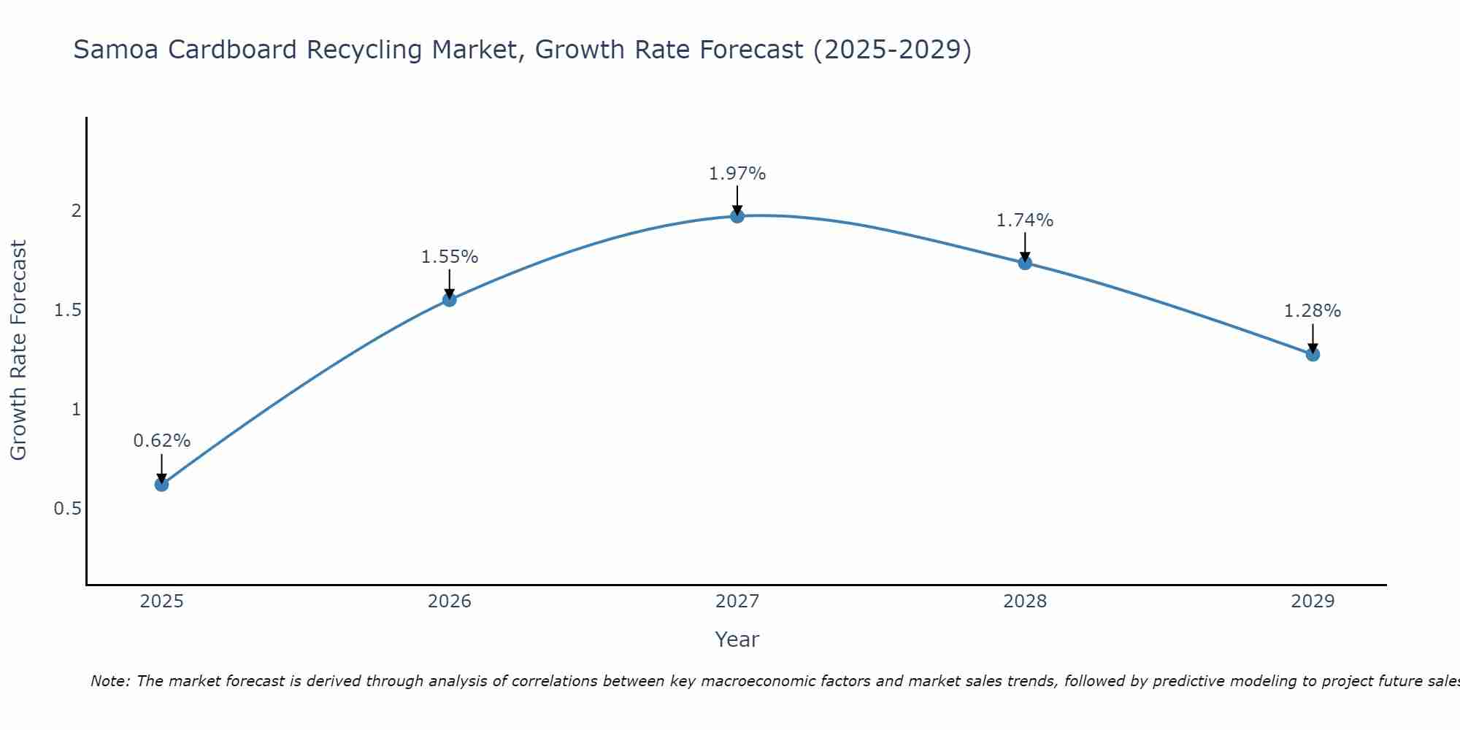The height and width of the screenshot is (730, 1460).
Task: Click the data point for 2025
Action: click(161, 484)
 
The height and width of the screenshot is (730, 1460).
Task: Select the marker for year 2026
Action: click(450, 299)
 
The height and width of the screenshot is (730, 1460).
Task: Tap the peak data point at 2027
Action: click(737, 216)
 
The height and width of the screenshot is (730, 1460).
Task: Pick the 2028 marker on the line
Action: click(1025, 263)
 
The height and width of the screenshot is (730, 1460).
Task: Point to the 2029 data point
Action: click(1313, 354)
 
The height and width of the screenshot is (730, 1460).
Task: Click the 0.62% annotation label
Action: click(161, 441)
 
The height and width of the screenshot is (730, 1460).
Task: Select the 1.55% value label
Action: click(450, 257)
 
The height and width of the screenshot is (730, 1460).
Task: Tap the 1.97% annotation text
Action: click(737, 174)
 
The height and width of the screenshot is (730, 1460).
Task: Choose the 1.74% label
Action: click(1025, 220)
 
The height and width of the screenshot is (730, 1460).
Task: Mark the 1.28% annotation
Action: click(1313, 311)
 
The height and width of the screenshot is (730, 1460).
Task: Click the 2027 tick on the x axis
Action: click(737, 602)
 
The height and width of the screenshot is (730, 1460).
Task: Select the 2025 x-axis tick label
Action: click(161, 602)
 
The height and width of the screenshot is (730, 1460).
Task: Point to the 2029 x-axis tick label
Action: click(1313, 602)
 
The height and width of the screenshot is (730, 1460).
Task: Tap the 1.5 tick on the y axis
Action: click(67, 310)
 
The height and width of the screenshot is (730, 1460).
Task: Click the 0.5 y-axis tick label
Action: click(67, 509)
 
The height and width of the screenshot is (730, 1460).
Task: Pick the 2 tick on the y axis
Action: click(75, 211)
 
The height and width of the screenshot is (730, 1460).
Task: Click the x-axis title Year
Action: click(737, 639)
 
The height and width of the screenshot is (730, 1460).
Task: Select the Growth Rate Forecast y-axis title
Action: click(19, 350)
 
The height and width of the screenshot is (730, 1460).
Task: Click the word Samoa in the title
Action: click(113, 50)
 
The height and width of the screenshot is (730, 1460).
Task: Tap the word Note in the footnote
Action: click(109, 681)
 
